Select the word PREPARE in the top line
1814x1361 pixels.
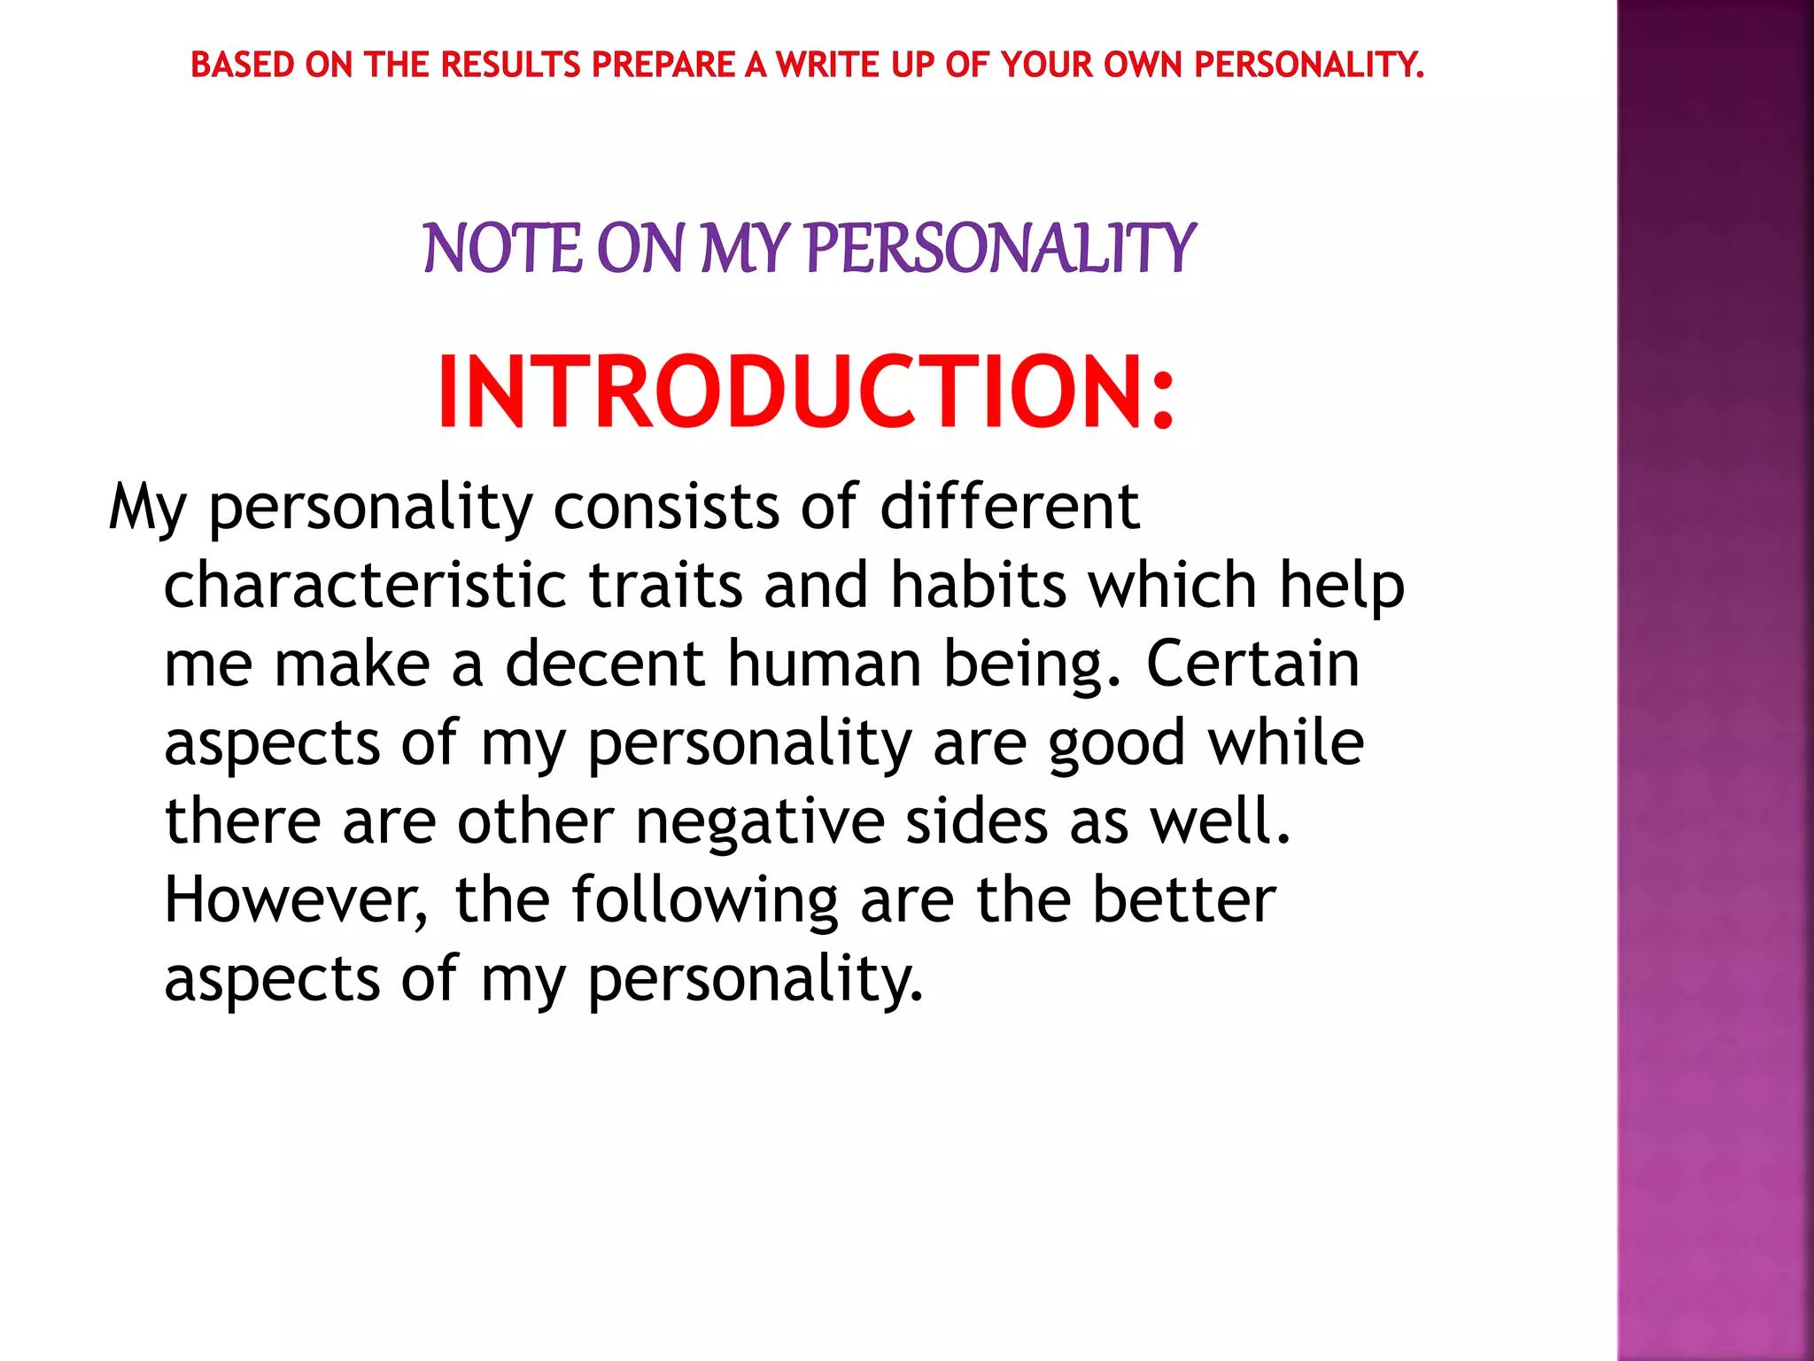coord(663,65)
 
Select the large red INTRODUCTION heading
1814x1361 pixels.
coord(806,392)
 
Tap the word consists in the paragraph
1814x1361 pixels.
coord(666,507)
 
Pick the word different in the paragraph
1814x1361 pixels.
coord(1009,507)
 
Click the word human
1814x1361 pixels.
coord(825,664)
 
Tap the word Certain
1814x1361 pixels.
coord(1252,664)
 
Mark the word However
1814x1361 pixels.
coord(296,899)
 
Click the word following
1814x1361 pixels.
coord(704,899)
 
